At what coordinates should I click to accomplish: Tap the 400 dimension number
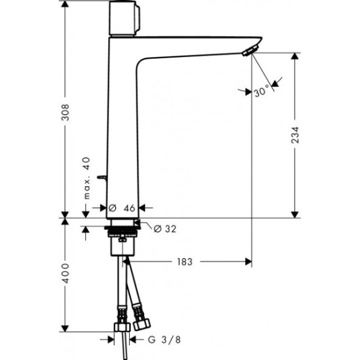point(65,273)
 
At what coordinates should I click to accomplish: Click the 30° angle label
point(262,92)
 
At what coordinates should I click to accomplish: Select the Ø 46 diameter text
point(125,208)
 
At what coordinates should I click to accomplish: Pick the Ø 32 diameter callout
point(164,229)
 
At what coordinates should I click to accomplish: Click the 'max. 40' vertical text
point(87,179)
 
